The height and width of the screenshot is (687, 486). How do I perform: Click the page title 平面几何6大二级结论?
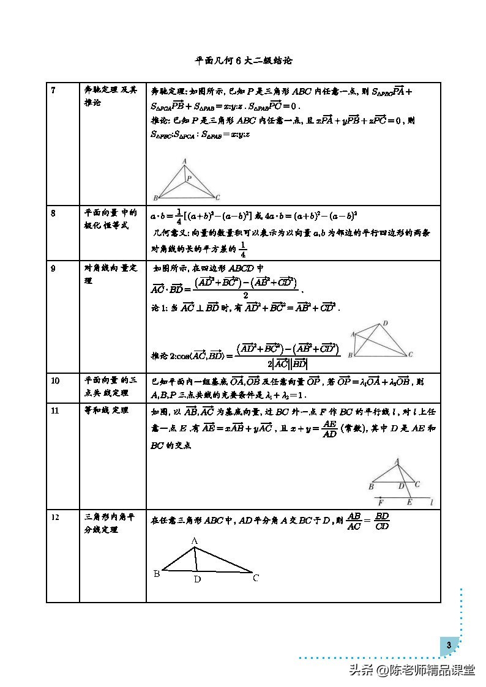(x=244, y=61)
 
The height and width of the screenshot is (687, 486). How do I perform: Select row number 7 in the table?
(x=53, y=91)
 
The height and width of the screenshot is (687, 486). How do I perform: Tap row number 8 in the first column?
(x=53, y=214)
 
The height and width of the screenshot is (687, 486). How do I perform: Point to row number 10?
(x=55, y=381)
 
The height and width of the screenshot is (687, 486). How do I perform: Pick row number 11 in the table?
(x=55, y=410)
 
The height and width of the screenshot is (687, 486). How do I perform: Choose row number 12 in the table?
(x=55, y=518)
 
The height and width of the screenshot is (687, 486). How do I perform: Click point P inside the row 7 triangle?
(x=189, y=179)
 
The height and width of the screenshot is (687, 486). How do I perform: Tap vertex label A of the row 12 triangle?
(x=194, y=541)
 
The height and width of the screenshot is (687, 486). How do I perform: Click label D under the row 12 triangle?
(x=197, y=579)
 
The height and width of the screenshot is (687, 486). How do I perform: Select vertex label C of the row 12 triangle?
(x=256, y=577)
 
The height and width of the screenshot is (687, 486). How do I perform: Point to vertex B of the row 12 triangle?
(x=157, y=574)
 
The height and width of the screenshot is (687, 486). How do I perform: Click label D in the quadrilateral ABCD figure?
(x=385, y=323)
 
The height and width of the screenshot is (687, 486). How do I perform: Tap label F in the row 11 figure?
(x=381, y=502)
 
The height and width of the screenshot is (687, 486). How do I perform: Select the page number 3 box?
(x=449, y=645)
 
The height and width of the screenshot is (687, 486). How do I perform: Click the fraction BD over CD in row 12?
(x=382, y=521)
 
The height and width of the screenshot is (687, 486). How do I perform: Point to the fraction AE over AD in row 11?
(x=329, y=429)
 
